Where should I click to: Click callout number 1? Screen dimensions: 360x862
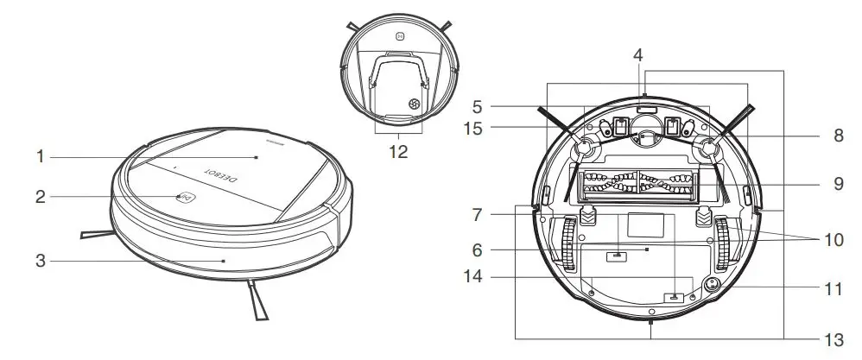(40, 157)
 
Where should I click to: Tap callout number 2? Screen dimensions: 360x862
(40, 197)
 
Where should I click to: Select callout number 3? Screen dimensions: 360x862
(40, 258)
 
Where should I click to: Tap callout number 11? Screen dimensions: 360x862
(833, 289)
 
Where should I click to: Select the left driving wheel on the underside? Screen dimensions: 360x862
(568, 244)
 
